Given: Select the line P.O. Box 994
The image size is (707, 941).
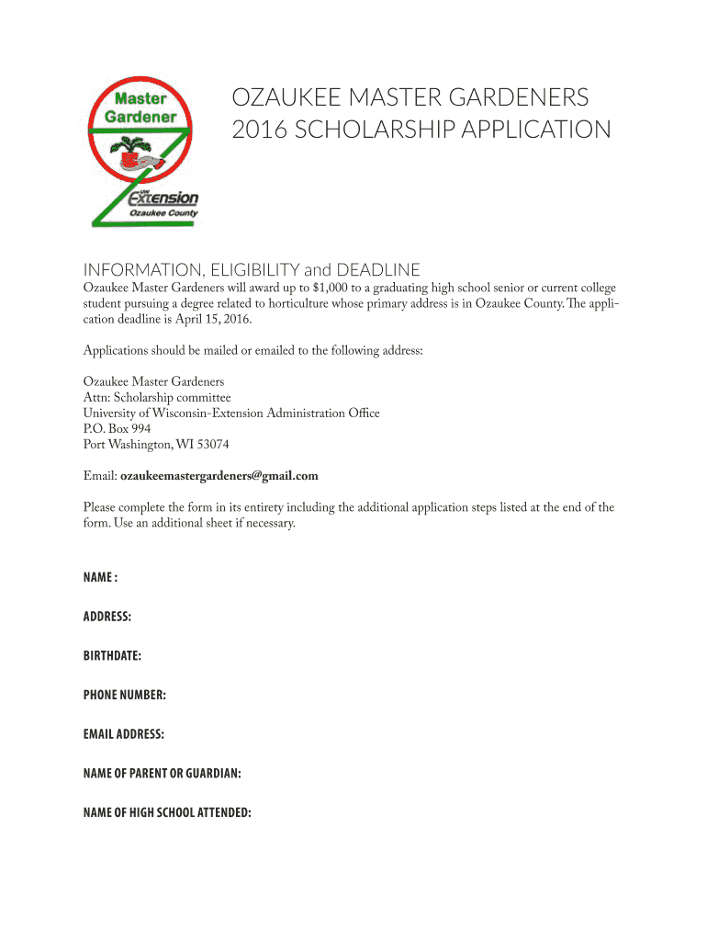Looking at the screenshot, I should coord(118,428).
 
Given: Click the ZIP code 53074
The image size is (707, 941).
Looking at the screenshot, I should coord(210,444).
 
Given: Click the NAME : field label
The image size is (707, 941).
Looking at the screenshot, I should coord(100,577).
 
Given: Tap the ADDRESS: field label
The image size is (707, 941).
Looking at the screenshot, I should coord(107,617).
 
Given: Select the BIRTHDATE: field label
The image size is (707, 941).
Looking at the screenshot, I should coord(112,656).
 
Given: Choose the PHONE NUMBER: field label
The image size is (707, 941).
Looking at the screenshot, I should coord(125,695).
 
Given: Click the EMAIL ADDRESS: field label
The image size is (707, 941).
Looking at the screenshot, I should coord(124,734).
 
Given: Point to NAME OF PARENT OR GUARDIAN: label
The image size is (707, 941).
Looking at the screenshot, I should coord(163,774).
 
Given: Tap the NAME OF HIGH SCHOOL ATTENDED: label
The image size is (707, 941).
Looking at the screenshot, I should coord(167,812).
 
